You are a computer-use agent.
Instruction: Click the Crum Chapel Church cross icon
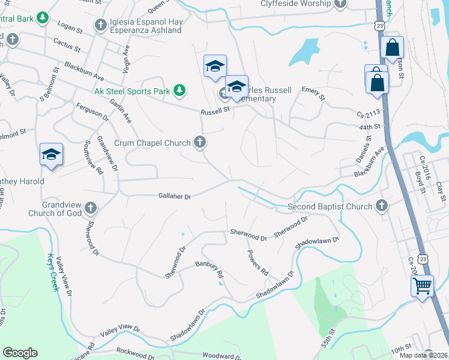click(200, 142)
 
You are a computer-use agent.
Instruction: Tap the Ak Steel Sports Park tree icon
click(179, 91)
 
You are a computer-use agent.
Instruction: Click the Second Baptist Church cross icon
click(381, 206)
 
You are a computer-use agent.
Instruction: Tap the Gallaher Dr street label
click(174, 196)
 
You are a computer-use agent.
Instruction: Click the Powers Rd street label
click(258, 262)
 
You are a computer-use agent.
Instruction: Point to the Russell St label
click(215, 111)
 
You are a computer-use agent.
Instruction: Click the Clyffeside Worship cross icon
click(340, 4)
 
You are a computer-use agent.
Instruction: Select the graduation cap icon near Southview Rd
click(51, 154)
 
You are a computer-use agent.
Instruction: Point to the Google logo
click(20, 353)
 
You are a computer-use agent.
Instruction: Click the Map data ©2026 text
click(423, 355)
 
